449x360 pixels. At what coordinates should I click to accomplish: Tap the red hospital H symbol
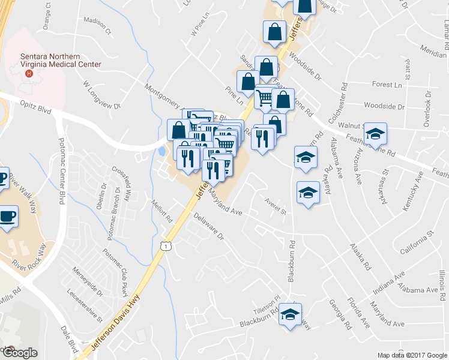[x=28, y=74]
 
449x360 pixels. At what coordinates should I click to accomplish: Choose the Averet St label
[x=275, y=211]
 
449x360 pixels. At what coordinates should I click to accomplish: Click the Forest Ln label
[x=387, y=85]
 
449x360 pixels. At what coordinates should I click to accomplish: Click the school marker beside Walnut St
[x=376, y=134]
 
